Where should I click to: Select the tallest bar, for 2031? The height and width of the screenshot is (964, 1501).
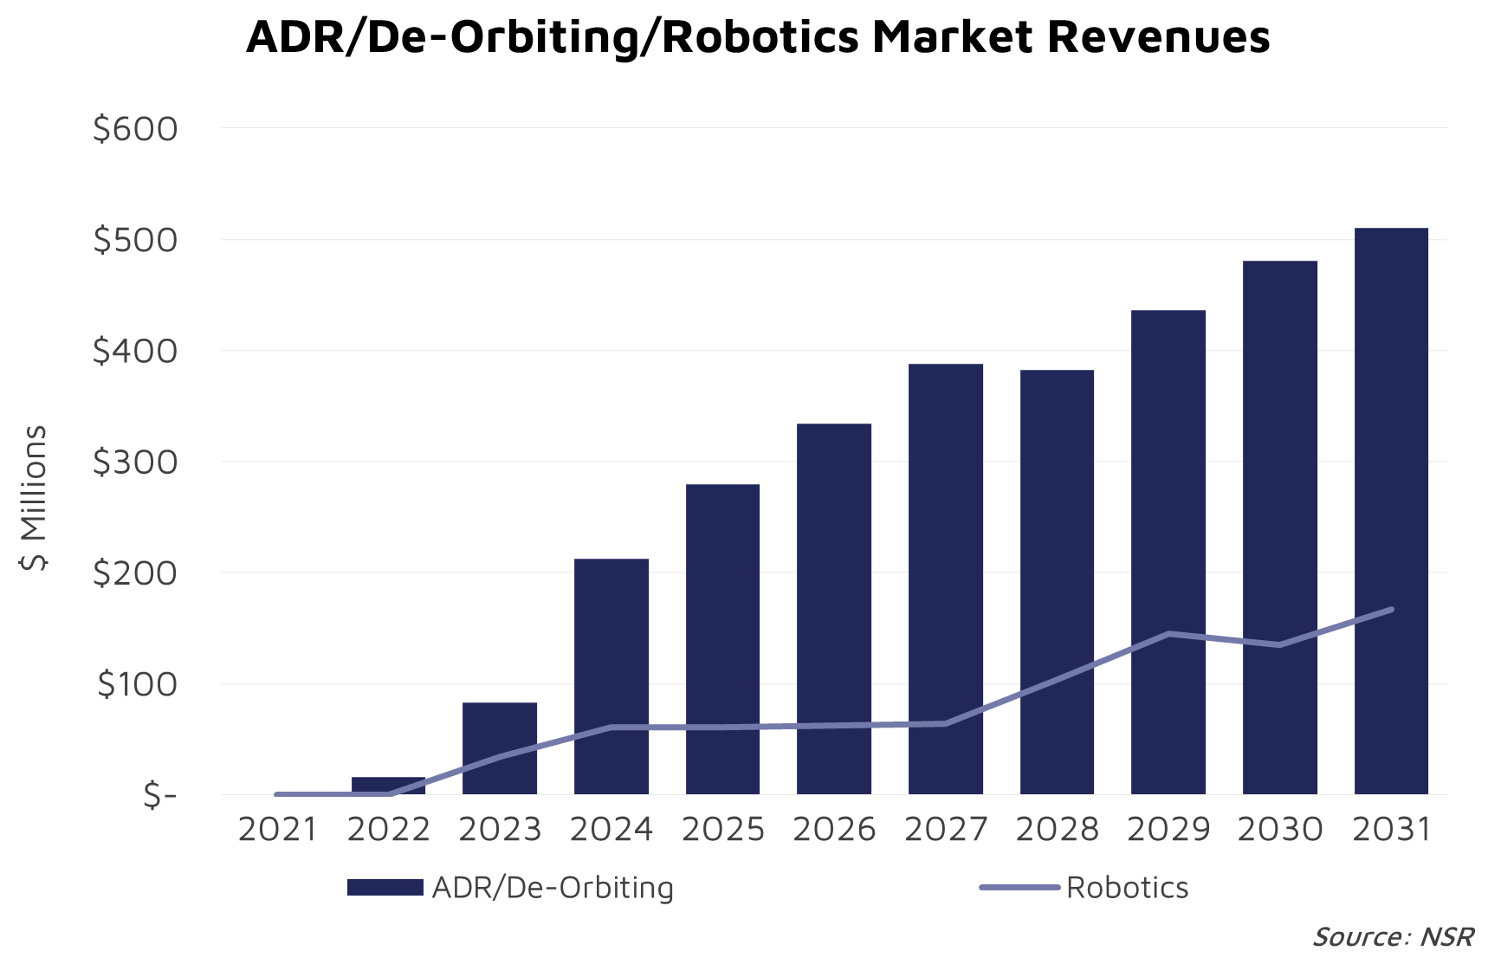pyautogui.click(x=1391, y=511)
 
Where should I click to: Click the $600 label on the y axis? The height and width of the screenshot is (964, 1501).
pyautogui.click(x=135, y=129)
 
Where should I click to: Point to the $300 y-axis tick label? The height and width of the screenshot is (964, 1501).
pyautogui.click(x=135, y=463)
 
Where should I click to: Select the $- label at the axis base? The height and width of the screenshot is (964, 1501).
pyautogui.click(x=160, y=795)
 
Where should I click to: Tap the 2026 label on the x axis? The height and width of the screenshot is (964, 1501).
pyautogui.click(x=834, y=830)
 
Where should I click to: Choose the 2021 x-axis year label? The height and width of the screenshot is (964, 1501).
pyautogui.click(x=277, y=830)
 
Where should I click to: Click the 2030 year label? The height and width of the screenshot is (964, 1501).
pyautogui.click(x=1279, y=830)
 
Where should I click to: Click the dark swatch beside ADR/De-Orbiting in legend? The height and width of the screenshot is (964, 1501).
pyautogui.click(x=385, y=887)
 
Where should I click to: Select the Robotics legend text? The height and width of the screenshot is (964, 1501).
pyautogui.click(x=1127, y=888)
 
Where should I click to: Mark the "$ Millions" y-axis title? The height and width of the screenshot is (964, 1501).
pyautogui.click(x=34, y=498)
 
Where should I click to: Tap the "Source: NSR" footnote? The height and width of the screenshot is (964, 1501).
pyautogui.click(x=1393, y=937)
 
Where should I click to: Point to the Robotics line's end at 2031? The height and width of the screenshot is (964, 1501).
pyautogui.click(x=1391, y=610)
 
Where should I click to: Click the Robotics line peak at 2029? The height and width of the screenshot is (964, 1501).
pyautogui.click(x=1168, y=634)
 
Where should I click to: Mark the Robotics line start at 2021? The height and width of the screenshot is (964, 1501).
pyautogui.click(x=277, y=794)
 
